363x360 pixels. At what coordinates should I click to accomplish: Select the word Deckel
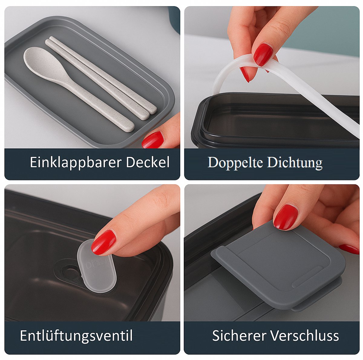coord(148,163)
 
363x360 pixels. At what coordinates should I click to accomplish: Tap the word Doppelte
coord(235,163)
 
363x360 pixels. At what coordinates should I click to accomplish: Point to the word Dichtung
coord(294,163)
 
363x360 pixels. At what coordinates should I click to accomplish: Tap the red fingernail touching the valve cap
coord(103,242)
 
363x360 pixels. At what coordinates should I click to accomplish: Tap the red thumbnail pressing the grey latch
coord(285,217)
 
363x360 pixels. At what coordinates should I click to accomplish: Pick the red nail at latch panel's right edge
coord(350,249)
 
